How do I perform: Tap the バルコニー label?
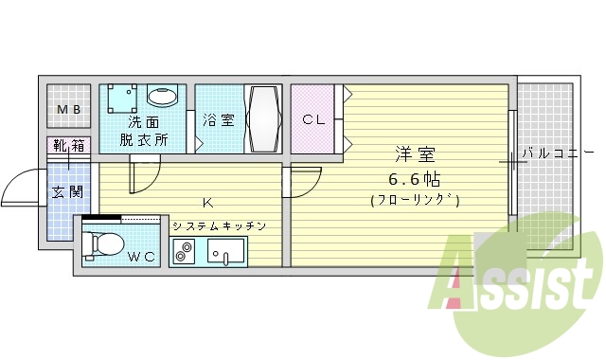(x=559, y=153)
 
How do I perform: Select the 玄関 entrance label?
(x=67, y=192)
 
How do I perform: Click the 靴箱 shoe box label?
(x=68, y=147)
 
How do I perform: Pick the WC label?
(x=142, y=256)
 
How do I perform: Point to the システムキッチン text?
(x=219, y=226)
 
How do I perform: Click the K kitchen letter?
(x=205, y=201)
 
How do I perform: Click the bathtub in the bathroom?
(x=262, y=119)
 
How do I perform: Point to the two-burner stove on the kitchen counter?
(x=183, y=252)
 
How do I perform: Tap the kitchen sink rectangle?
(x=225, y=252)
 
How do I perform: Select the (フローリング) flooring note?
(x=415, y=200)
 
